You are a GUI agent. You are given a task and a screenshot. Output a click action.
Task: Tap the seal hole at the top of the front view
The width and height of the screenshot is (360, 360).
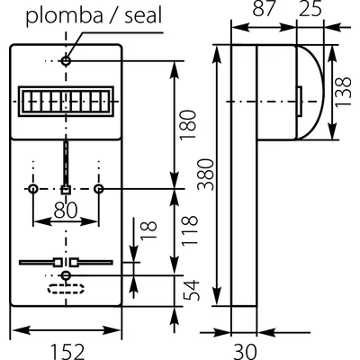pyautogui.click(x=66, y=61)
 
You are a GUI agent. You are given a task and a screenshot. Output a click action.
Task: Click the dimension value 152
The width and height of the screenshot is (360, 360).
pyautogui.click(x=66, y=346)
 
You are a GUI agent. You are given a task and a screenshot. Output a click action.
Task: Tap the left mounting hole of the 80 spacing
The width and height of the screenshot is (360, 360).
pyautogui.click(x=32, y=189)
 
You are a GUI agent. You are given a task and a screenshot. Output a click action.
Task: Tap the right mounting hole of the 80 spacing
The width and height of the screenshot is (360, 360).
pyautogui.click(x=99, y=189)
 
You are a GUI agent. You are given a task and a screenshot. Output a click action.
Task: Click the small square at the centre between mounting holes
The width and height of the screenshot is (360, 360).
pyautogui.click(x=66, y=190)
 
